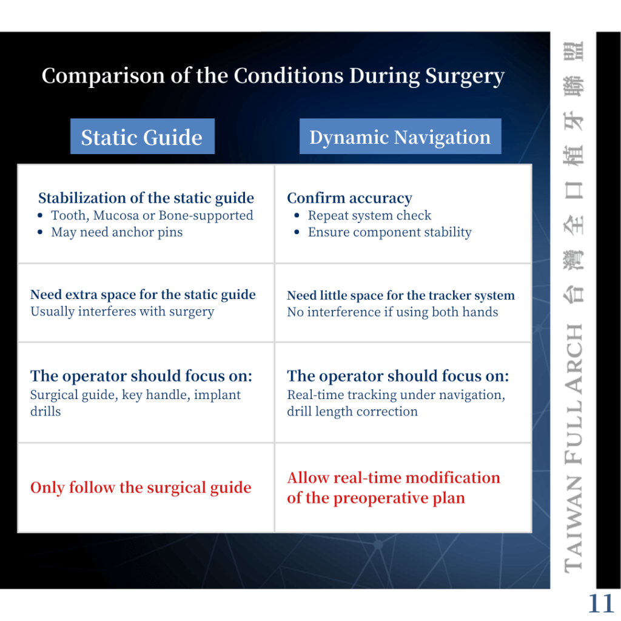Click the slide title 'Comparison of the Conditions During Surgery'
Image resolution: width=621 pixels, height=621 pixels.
tap(273, 76)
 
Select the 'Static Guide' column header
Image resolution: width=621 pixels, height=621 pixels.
tap(142, 137)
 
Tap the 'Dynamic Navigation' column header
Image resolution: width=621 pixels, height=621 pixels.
tap(400, 137)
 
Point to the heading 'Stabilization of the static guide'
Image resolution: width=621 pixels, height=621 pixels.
tap(146, 198)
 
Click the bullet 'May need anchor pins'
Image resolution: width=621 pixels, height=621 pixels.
tap(116, 232)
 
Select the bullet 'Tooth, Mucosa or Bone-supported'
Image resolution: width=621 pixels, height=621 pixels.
tap(152, 215)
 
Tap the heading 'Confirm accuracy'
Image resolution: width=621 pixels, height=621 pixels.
tap(349, 198)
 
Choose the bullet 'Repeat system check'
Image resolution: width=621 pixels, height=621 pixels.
tap(369, 215)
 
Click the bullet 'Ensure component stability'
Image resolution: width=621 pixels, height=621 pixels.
tap(389, 232)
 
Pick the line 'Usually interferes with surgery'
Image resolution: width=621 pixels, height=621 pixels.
tap(122, 312)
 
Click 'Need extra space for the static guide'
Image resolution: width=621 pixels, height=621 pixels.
tap(143, 295)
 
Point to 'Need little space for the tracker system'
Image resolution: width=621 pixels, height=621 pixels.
tap(401, 295)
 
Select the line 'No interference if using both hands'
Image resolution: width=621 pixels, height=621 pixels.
tap(392, 312)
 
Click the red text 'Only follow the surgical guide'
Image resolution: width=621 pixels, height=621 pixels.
tap(141, 488)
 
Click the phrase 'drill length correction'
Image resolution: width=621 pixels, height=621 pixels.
tap(352, 411)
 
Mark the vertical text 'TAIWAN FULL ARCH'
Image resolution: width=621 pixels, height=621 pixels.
tap(574, 449)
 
